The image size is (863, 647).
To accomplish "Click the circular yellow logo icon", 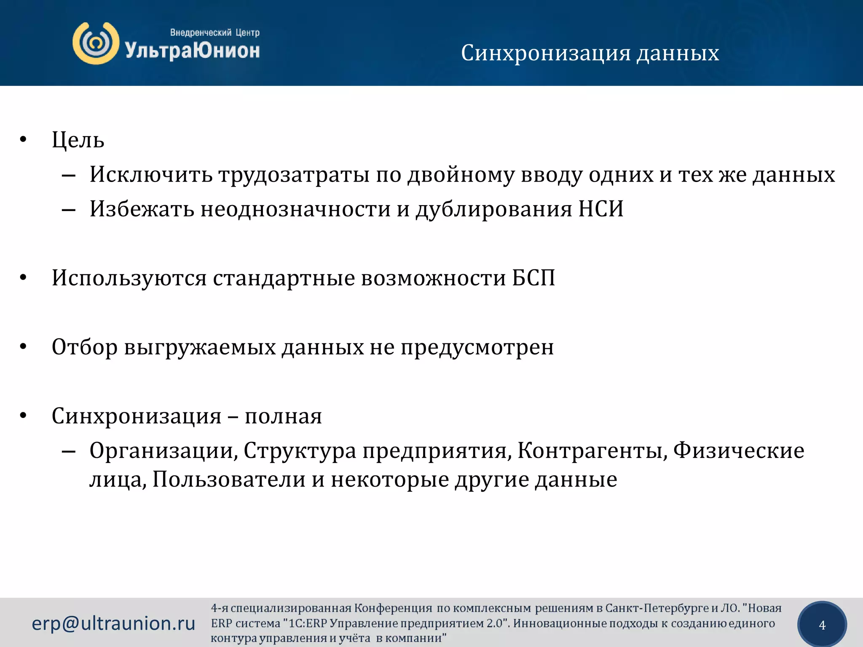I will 96,43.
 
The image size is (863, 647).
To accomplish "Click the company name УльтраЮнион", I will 192,51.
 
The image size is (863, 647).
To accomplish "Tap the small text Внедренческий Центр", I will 214,32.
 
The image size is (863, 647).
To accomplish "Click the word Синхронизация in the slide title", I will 546,53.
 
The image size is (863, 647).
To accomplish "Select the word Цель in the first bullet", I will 78,140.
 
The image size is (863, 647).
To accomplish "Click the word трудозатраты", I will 294,174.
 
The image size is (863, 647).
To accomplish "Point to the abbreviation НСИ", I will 600,209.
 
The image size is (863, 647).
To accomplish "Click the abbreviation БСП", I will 533,278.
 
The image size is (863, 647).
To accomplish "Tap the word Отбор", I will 85,347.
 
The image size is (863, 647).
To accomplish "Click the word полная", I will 283,416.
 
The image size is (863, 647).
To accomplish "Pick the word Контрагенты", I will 592,450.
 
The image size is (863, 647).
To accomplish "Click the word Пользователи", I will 229,479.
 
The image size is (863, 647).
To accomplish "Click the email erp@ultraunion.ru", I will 113,623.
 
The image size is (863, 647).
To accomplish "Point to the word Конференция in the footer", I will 393,608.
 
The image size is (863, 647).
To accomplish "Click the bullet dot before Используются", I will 23,278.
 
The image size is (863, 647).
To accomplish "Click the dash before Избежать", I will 68,209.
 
